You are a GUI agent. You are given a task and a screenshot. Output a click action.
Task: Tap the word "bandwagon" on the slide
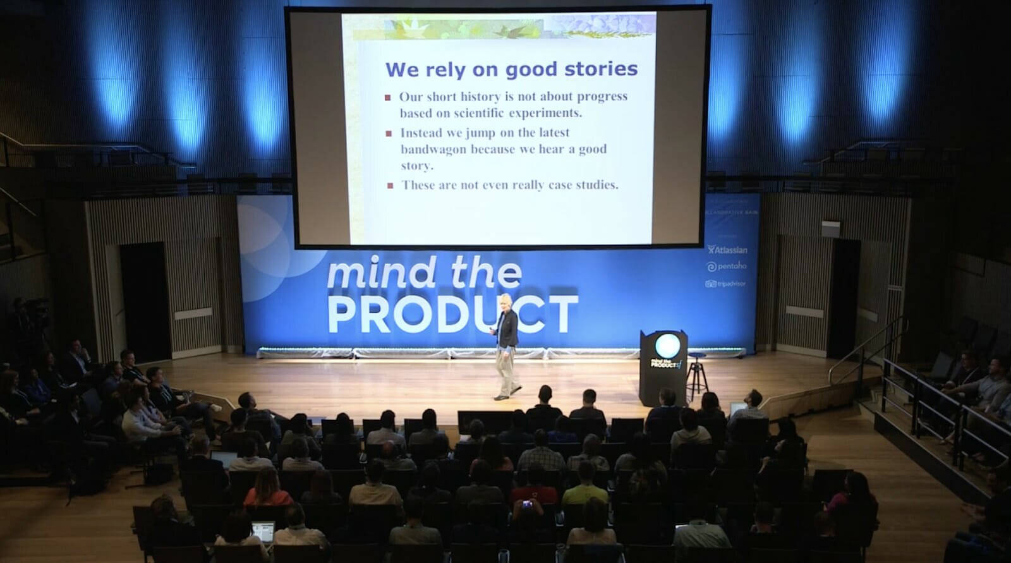433,150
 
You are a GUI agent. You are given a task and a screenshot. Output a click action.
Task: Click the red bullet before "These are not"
390,186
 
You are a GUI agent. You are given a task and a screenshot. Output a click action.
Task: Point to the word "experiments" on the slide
546,113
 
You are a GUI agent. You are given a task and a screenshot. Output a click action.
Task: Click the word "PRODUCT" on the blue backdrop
452,314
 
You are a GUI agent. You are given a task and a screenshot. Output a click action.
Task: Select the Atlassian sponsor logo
727,250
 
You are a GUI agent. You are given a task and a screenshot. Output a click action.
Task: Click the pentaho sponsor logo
727,267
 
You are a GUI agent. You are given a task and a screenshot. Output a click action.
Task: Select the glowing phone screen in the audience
526,504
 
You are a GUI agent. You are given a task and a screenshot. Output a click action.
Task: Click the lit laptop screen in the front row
262,528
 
